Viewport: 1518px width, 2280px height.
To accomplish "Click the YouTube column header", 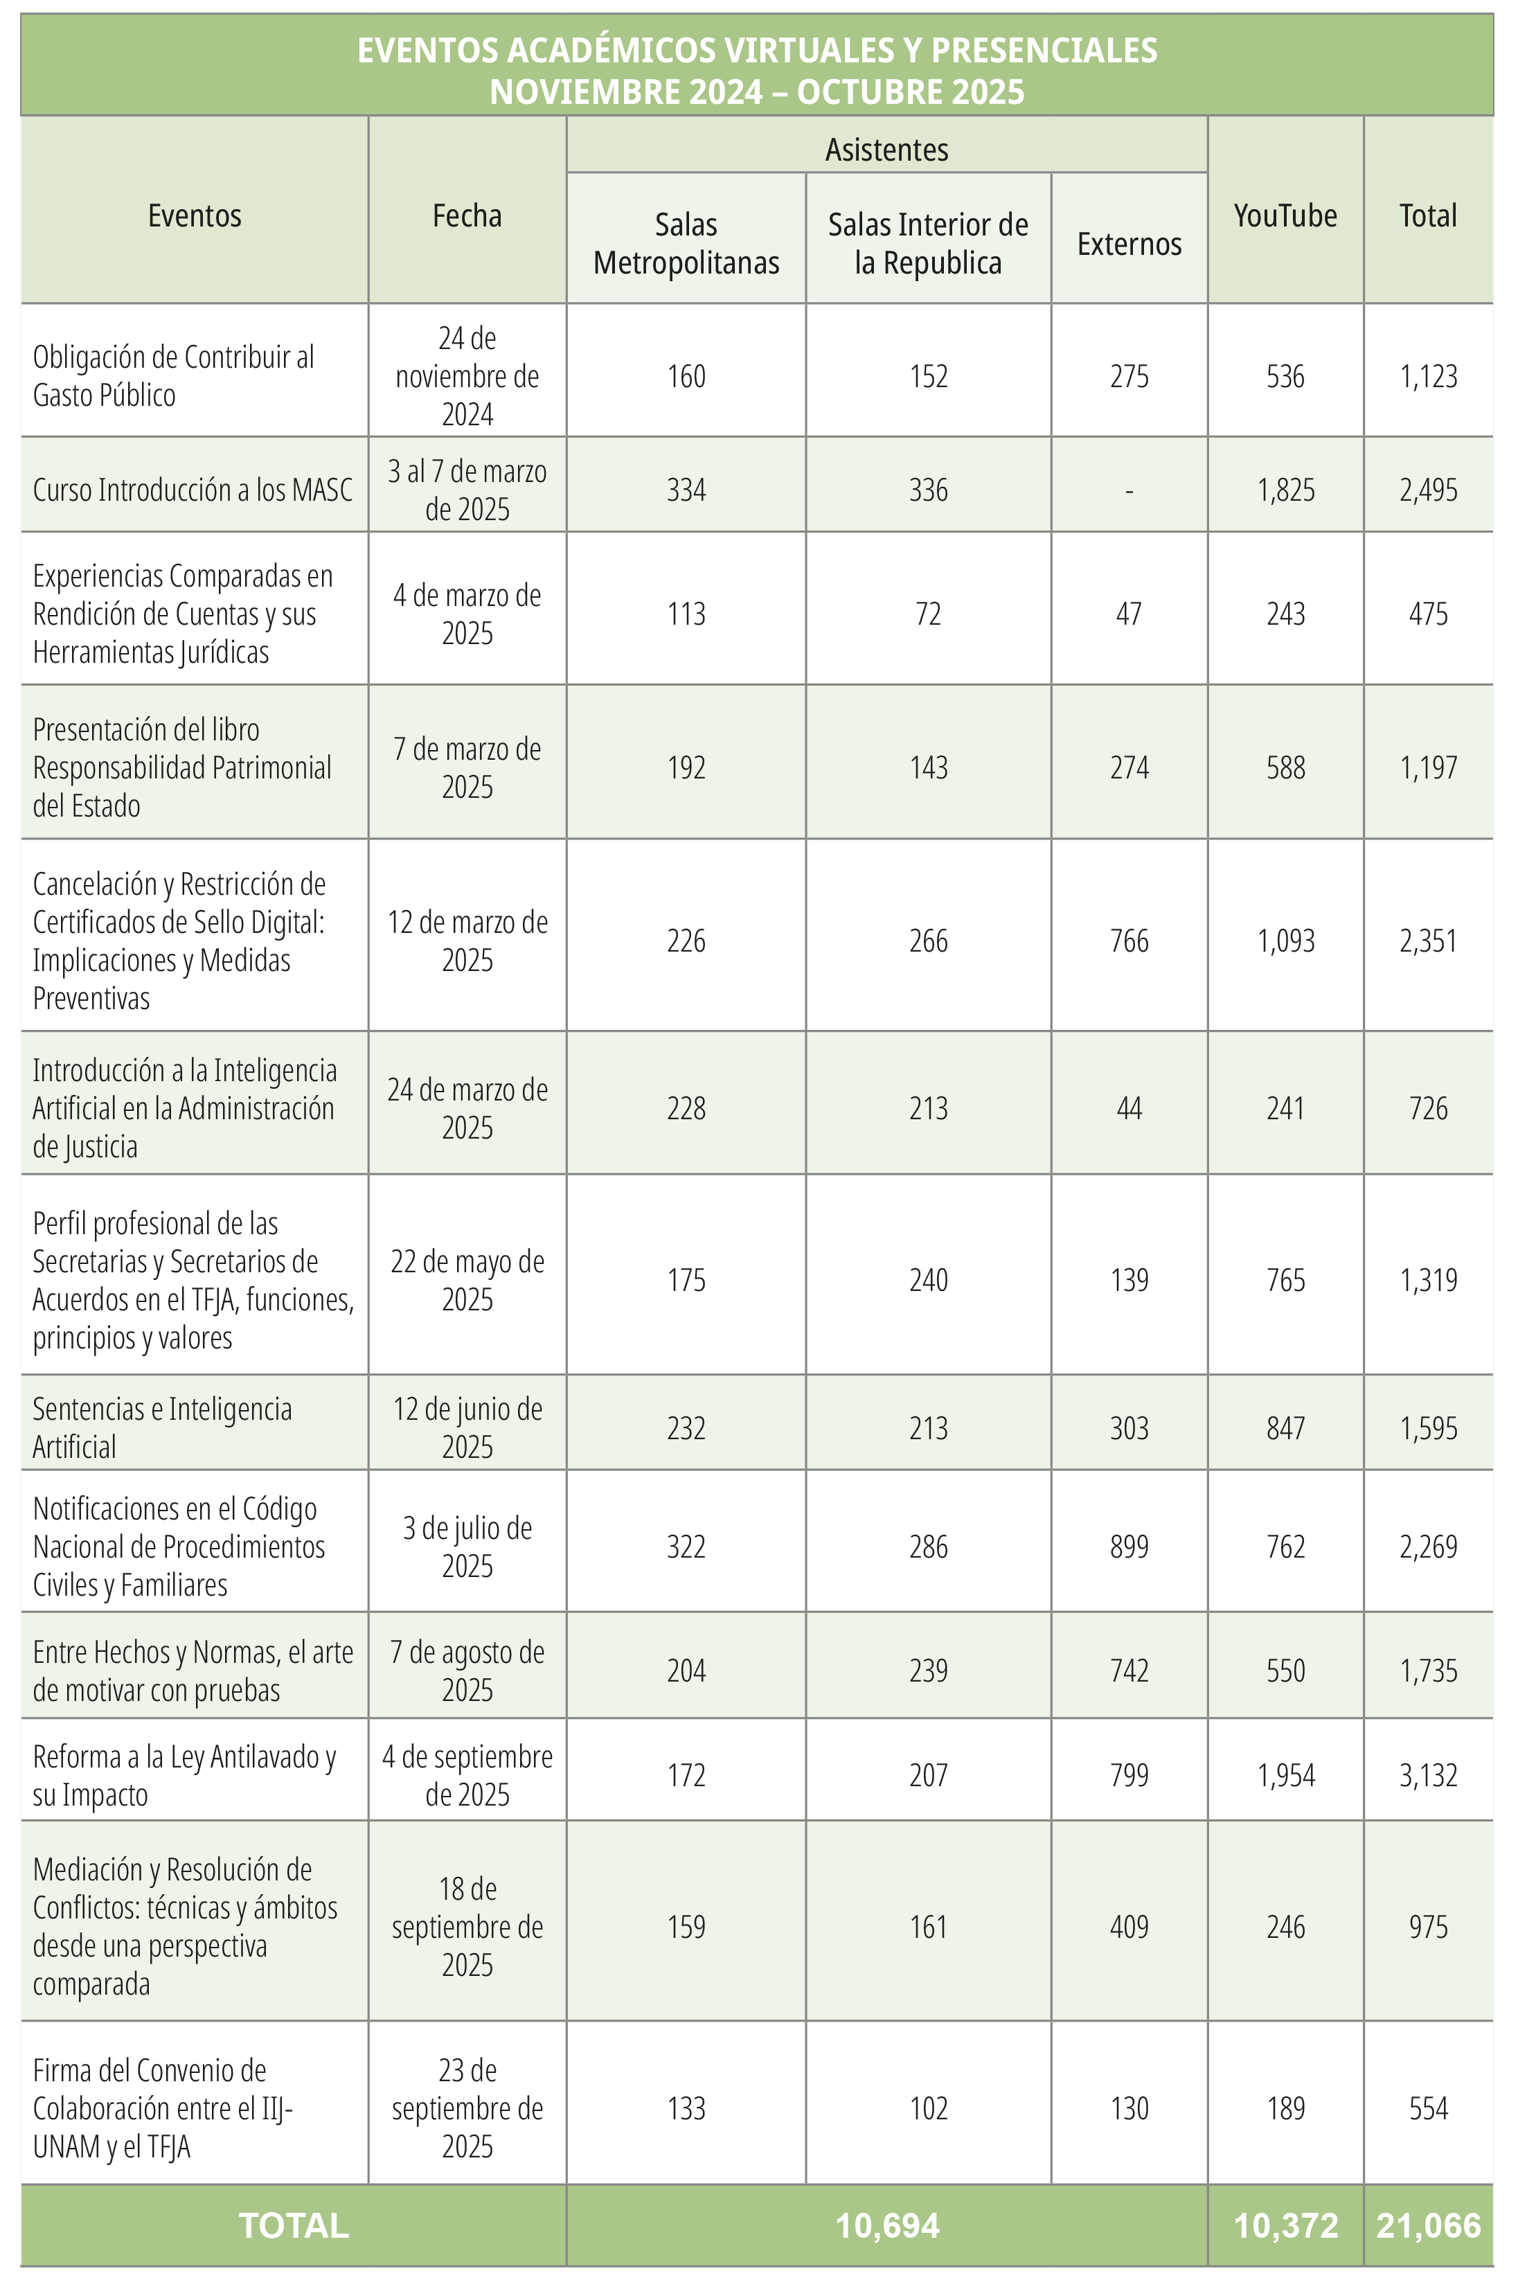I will (x=1285, y=215).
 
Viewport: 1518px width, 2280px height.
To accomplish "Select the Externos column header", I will (x=1129, y=244).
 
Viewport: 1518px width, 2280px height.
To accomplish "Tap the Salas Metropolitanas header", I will (x=686, y=244).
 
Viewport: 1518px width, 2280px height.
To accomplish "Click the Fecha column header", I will (x=467, y=215).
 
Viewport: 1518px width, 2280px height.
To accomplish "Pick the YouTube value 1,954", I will (x=1285, y=1774).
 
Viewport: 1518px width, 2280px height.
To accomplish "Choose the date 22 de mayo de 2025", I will (x=467, y=1280).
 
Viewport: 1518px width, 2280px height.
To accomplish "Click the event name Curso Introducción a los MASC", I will (x=193, y=490).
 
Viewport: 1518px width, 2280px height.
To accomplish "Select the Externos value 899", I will (x=1129, y=1546).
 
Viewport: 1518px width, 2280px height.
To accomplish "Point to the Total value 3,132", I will (x=1428, y=1774).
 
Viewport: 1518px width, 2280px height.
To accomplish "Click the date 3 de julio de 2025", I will (x=467, y=1546).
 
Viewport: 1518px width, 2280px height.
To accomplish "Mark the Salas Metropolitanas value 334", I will (x=686, y=490).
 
